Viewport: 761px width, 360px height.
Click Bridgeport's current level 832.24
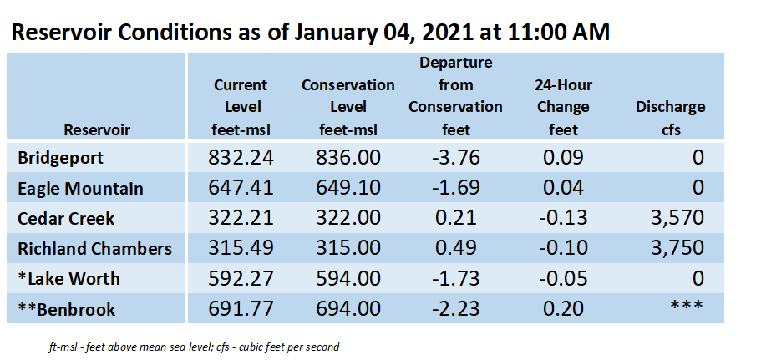click(x=241, y=158)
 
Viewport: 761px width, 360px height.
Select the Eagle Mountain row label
click(x=80, y=188)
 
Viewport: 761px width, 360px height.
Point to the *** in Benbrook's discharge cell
click(x=686, y=306)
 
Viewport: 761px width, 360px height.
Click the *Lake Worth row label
click(x=68, y=279)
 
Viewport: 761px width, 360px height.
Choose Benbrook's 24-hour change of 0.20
click(x=563, y=308)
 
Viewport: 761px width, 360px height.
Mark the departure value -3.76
click(x=455, y=158)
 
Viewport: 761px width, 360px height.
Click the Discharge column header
click(x=670, y=107)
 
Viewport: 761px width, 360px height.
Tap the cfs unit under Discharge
click(x=671, y=130)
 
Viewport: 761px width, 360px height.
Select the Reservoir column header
click(x=97, y=130)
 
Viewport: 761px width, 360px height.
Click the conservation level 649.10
click(x=348, y=188)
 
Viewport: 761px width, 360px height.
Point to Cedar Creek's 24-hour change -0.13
click(x=563, y=218)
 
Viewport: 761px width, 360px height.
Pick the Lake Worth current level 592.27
click(x=241, y=278)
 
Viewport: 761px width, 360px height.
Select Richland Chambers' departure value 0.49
click(x=455, y=248)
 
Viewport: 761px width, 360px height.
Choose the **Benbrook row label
click(x=67, y=309)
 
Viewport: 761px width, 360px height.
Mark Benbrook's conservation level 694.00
click(x=348, y=308)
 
